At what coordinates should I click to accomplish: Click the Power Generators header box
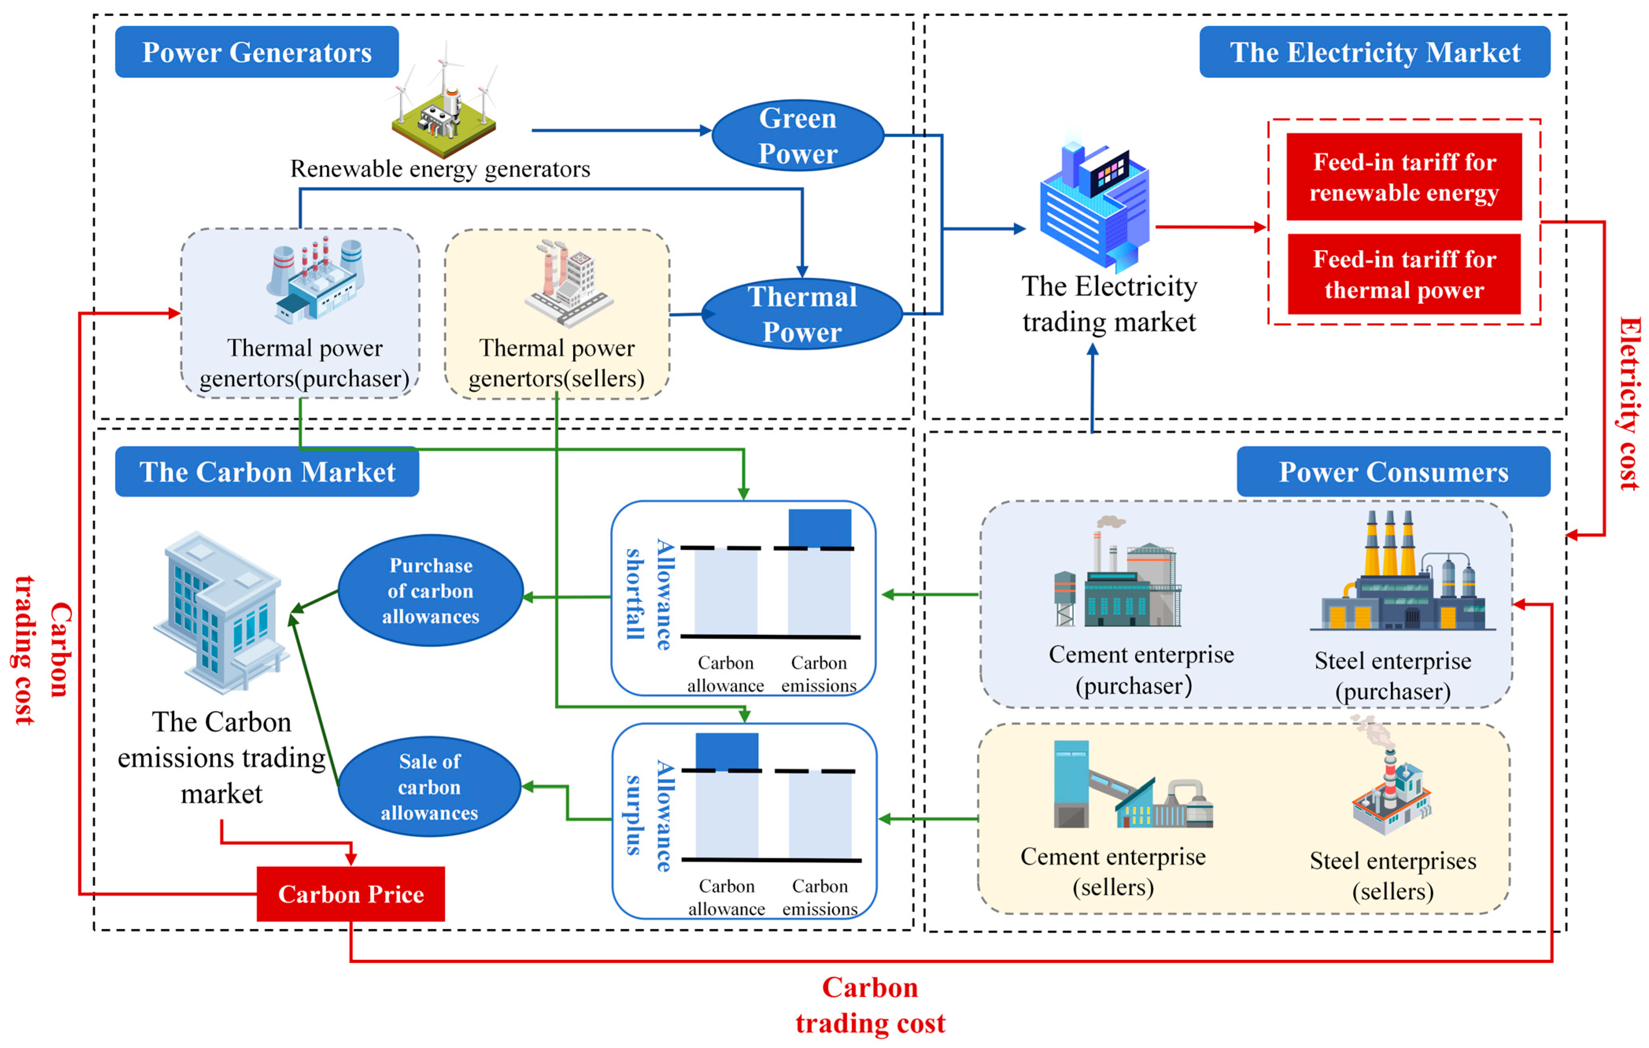(x=257, y=52)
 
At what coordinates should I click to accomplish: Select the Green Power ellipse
(x=798, y=136)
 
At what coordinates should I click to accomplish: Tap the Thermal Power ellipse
(x=802, y=314)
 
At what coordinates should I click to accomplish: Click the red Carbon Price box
(x=350, y=894)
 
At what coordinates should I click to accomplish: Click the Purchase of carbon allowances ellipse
(x=431, y=590)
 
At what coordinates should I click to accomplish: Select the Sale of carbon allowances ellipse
(x=430, y=787)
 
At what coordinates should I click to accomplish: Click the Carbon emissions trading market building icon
(x=221, y=613)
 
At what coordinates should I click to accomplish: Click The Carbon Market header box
(x=267, y=472)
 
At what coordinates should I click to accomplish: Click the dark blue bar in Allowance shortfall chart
(x=820, y=528)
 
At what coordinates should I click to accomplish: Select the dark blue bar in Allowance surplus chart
(x=727, y=751)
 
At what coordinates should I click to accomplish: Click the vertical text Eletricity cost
(x=1630, y=404)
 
